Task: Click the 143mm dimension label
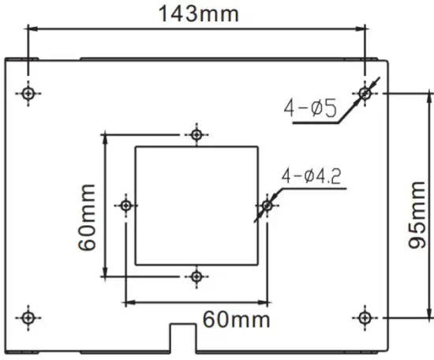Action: tap(197, 13)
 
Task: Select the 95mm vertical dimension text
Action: tap(418, 213)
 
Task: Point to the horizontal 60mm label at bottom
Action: tap(236, 320)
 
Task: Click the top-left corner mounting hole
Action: tap(29, 93)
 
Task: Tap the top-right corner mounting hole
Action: tap(365, 93)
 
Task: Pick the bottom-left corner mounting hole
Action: tap(29, 317)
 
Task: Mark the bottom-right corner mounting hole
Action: tap(365, 317)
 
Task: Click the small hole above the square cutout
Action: tap(196, 133)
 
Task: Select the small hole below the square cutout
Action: tap(196, 276)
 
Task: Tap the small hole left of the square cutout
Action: tap(126, 205)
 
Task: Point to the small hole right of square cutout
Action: tap(267, 206)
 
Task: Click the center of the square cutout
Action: tap(196, 205)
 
